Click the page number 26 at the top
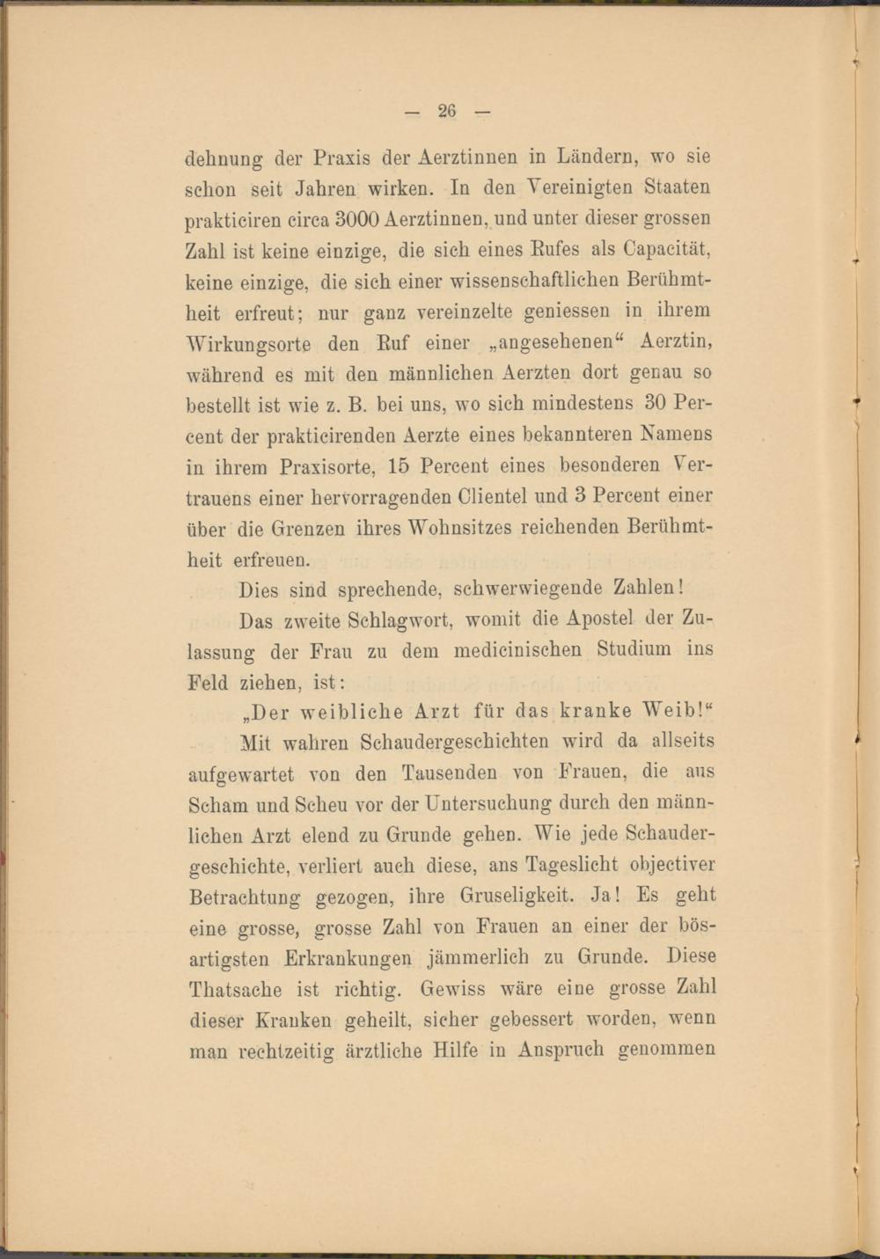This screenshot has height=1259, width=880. (447, 111)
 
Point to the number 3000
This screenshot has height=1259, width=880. (356, 218)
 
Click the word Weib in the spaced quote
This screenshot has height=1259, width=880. (673, 711)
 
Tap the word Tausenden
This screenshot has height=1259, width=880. (450, 773)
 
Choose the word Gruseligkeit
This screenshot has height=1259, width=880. (517, 897)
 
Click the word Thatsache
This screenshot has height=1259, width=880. (236, 989)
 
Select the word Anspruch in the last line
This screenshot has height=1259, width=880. (561, 1050)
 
